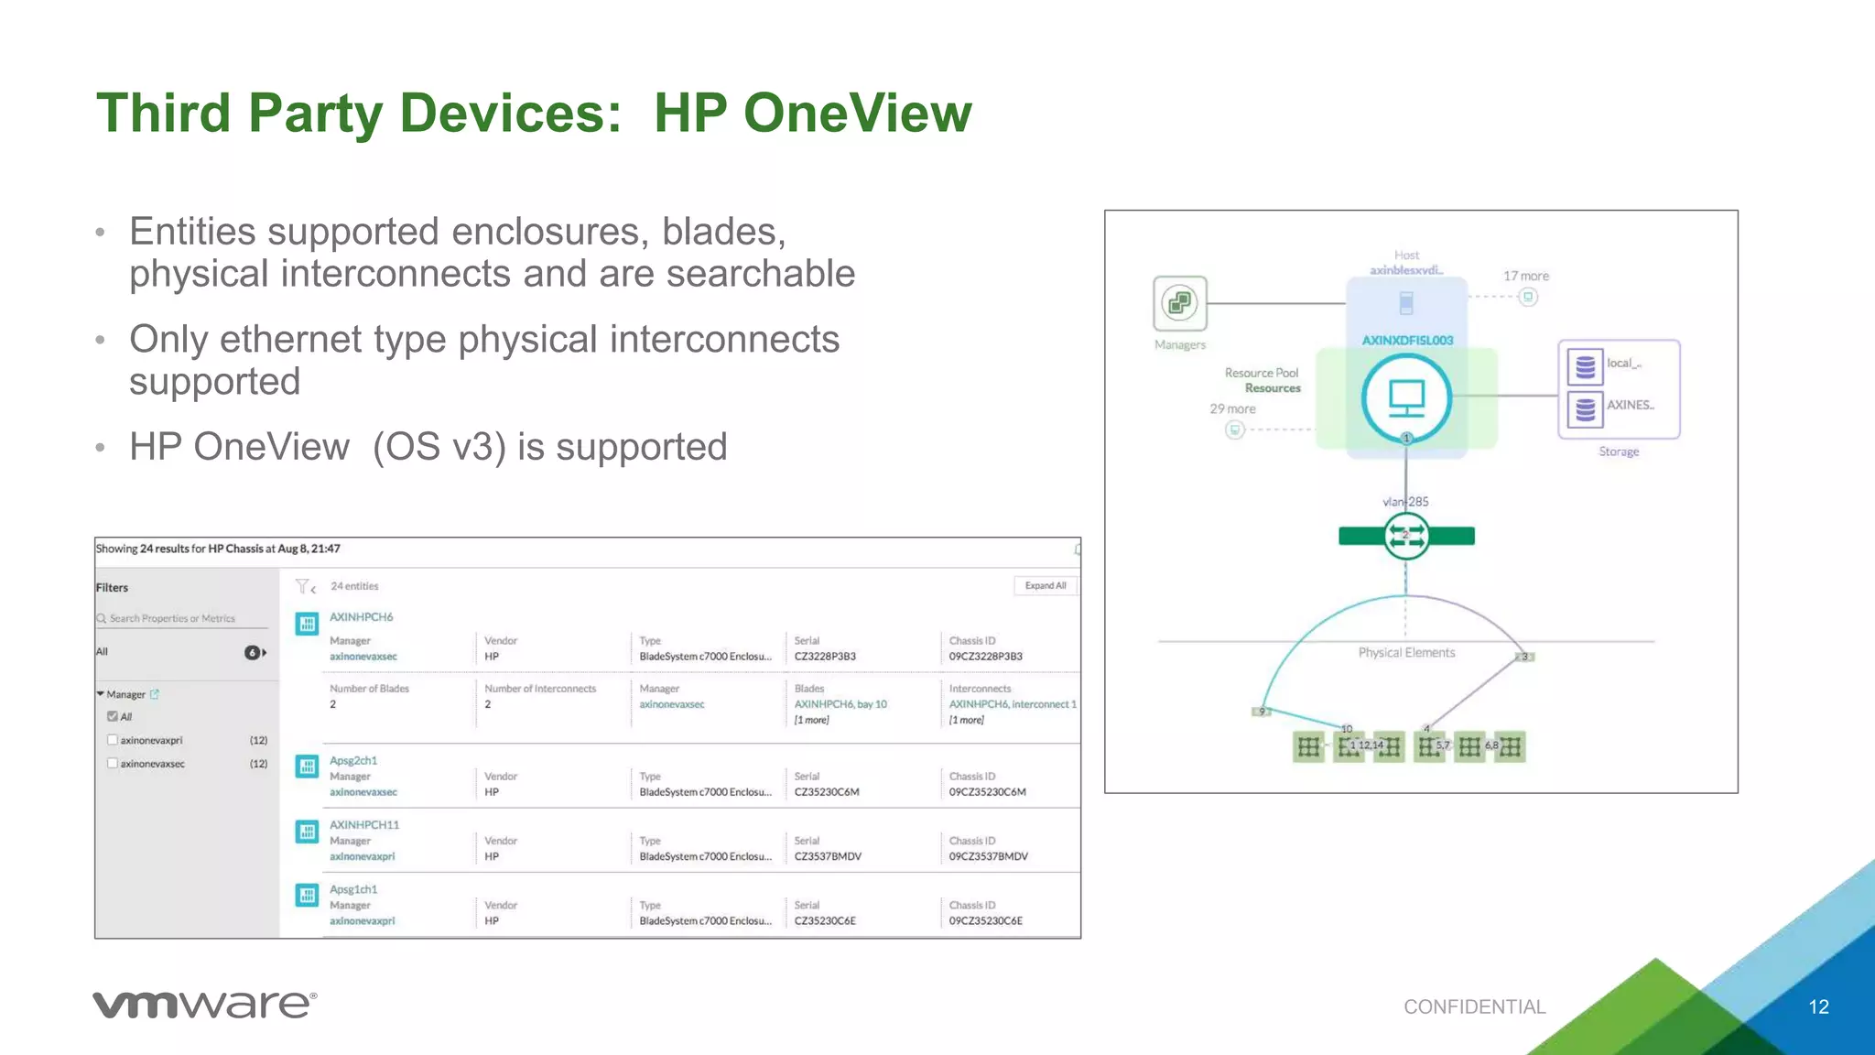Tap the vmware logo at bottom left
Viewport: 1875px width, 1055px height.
click(204, 1005)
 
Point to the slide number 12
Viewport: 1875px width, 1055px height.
click(1818, 1006)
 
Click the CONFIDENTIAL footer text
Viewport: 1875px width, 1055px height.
click(1474, 1006)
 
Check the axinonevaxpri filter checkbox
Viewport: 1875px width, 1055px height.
click(113, 740)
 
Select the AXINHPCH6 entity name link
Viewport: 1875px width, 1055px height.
click(361, 617)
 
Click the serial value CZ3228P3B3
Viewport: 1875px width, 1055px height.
click(825, 657)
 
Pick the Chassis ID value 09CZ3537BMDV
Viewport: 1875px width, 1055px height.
click(988, 856)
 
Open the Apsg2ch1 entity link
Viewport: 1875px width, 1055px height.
click(353, 760)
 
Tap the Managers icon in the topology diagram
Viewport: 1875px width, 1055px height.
click(1179, 303)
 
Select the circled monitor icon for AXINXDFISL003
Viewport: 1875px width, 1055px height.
click(1406, 398)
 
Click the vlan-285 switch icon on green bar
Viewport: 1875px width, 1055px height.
click(1405, 536)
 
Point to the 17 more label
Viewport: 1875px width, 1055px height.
click(1526, 276)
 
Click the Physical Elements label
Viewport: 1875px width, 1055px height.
click(1406, 652)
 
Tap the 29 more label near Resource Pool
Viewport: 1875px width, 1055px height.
click(1232, 409)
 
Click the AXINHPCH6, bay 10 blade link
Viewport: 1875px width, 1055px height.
click(840, 704)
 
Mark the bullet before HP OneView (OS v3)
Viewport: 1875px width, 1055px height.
click(101, 449)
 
